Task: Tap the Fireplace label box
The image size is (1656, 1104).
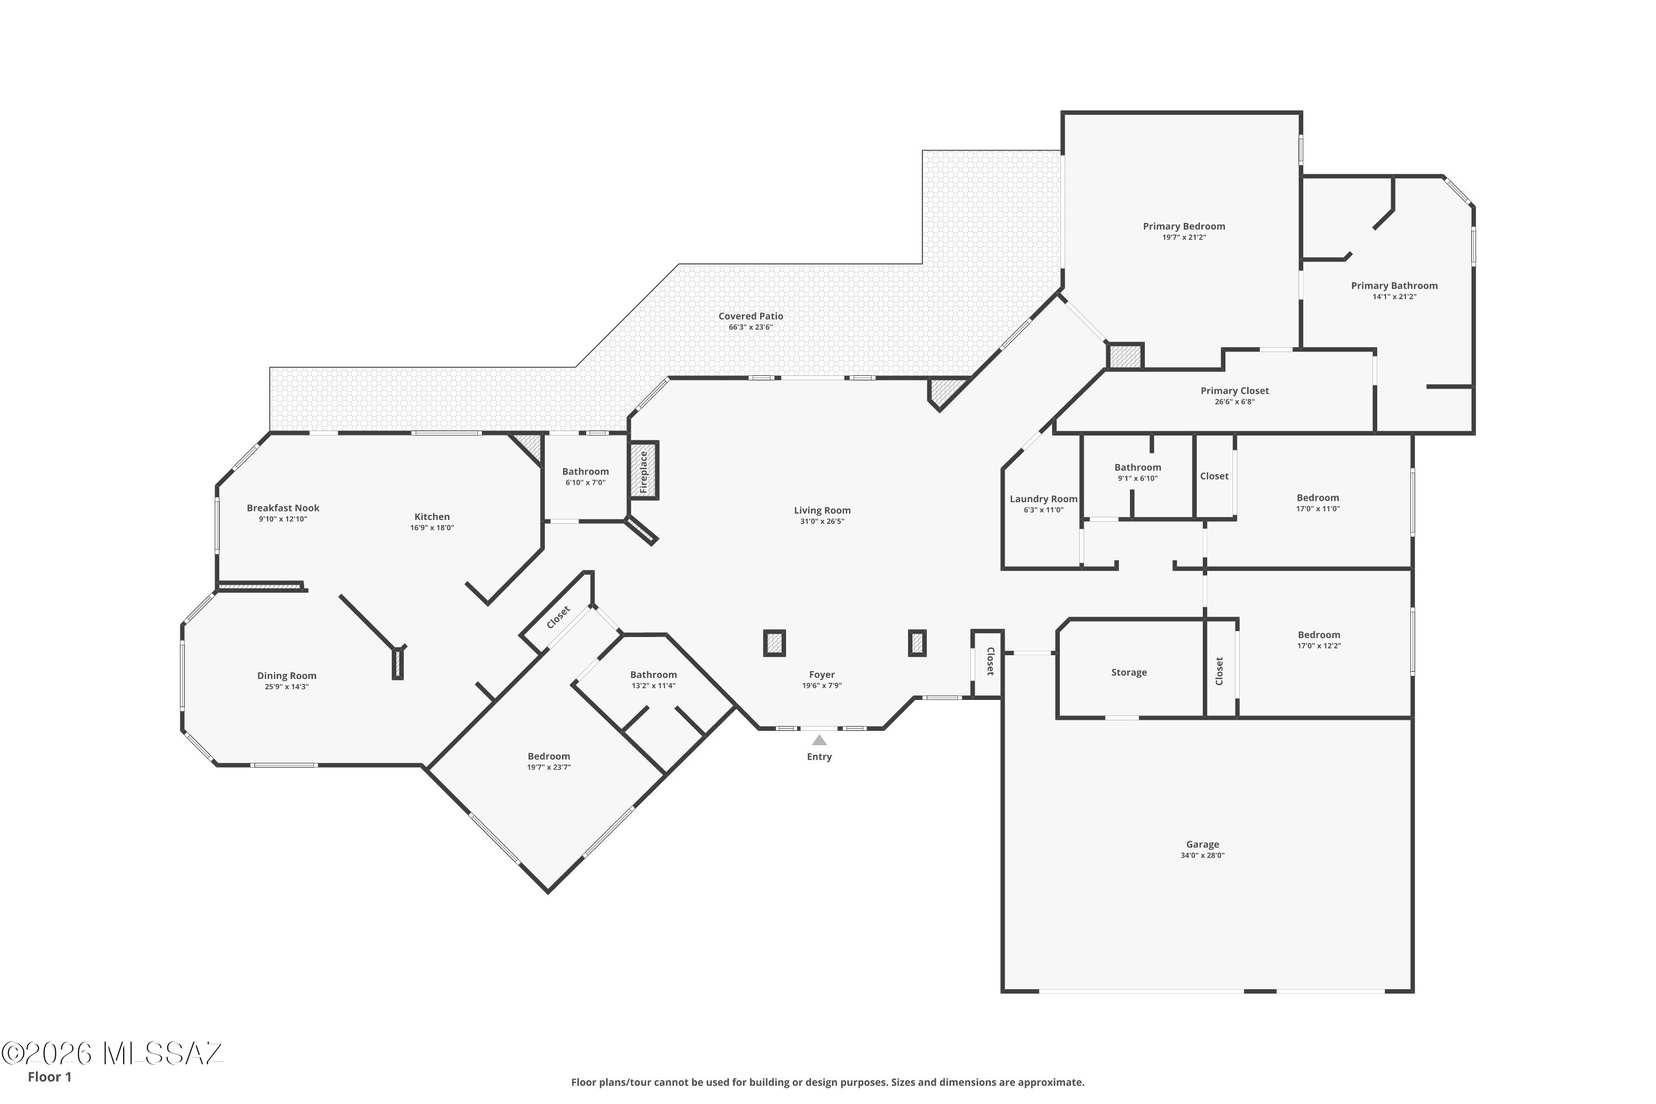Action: click(x=643, y=471)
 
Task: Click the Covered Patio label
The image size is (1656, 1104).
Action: click(x=751, y=316)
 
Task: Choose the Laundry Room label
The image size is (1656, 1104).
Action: click(x=1043, y=499)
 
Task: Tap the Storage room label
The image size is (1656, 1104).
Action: click(x=1129, y=672)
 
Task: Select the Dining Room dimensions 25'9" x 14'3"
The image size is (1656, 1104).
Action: click(x=286, y=687)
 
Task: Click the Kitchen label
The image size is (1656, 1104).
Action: click(x=432, y=517)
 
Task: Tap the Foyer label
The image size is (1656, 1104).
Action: click(x=822, y=675)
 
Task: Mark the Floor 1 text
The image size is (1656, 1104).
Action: click(x=49, y=1076)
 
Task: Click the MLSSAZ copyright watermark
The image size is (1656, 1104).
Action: click(x=113, y=1053)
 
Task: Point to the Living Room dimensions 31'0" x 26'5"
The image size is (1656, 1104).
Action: click(x=822, y=522)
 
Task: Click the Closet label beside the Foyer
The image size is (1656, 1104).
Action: click(x=990, y=662)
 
